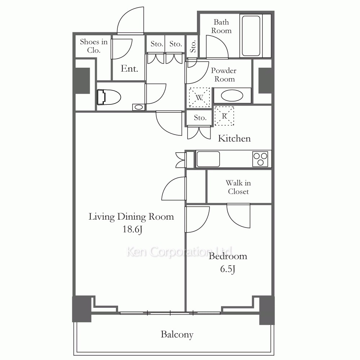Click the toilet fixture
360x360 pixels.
[109, 97]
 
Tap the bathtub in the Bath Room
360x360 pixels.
[251, 36]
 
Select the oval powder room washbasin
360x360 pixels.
[232, 96]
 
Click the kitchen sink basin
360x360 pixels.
[208, 159]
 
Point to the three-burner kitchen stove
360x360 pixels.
[260, 159]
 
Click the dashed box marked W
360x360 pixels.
[199, 98]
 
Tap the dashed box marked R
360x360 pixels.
[224, 116]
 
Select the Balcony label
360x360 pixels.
[177, 334]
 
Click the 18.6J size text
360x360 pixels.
[132, 229]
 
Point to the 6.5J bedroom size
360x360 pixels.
[228, 269]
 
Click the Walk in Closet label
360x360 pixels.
[238, 187]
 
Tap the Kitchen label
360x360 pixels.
[234, 139]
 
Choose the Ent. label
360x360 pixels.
[130, 69]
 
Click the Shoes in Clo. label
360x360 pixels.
[94, 46]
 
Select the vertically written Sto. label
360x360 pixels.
[193, 46]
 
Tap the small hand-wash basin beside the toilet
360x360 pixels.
[139, 107]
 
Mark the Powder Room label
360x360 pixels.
[224, 75]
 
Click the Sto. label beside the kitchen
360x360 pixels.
[200, 118]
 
